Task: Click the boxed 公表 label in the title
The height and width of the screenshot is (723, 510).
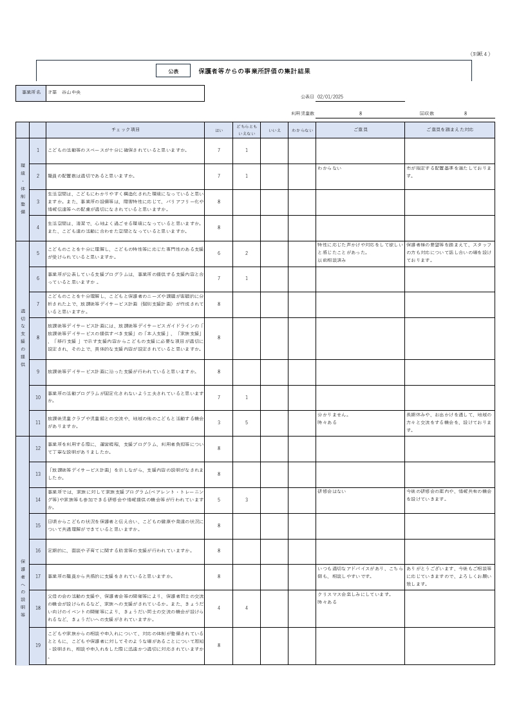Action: [x=174, y=71]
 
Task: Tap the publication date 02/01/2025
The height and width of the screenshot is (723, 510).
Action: [x=330, y=97]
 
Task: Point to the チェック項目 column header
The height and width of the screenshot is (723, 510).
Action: [x=126, y=130]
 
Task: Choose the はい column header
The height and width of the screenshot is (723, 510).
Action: [x=219, y=130]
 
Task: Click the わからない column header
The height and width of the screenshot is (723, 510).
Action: [x=302, y=130]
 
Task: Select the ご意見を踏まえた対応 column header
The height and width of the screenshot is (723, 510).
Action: [x=449, y=130]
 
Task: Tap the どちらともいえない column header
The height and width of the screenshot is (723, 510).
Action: [x=247, y=130]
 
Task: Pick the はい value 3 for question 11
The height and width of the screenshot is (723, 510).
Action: [x=219, y=422]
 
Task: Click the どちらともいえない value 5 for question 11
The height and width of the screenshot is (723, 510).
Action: [x=247, y=422]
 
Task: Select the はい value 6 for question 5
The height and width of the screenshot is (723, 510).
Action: [x=219, y=253]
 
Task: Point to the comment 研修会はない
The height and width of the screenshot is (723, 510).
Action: [x=332, y=491]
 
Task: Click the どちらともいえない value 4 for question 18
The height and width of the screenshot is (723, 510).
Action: [x=247, y=608]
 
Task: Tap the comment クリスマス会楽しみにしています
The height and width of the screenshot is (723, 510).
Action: [x=355, y=594]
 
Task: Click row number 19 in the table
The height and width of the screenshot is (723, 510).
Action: [x=38, y=646]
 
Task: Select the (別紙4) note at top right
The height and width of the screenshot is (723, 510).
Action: [x=480, y=54]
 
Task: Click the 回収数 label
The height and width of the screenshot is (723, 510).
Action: [x=427, y=113]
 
